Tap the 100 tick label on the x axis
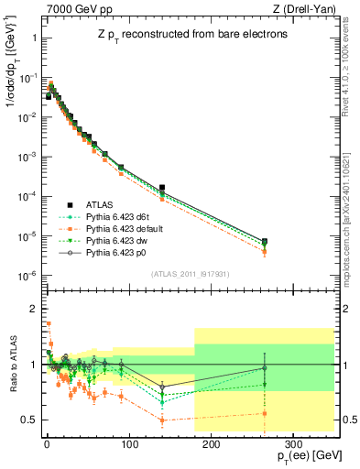(x=128, y=442)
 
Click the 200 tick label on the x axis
(x=211, y=442)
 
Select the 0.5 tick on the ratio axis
(x=27, y=420)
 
